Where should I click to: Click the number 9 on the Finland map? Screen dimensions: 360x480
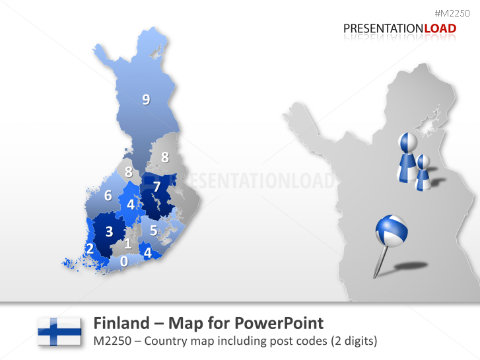146,100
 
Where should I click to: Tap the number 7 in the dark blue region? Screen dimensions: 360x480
156,187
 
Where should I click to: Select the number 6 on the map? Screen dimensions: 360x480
108,196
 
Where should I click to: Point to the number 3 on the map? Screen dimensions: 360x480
110,231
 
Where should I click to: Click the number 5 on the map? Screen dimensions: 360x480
153,231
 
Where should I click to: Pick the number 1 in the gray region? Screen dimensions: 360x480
127,244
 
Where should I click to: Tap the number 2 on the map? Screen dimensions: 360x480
89,249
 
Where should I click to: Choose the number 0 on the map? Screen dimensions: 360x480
123,261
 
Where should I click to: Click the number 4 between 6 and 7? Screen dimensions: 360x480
131,205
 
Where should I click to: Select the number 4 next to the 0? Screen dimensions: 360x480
147,252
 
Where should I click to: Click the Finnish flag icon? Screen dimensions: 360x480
59,331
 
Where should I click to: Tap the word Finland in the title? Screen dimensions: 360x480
120,323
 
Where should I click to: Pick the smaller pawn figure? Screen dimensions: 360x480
423,172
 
